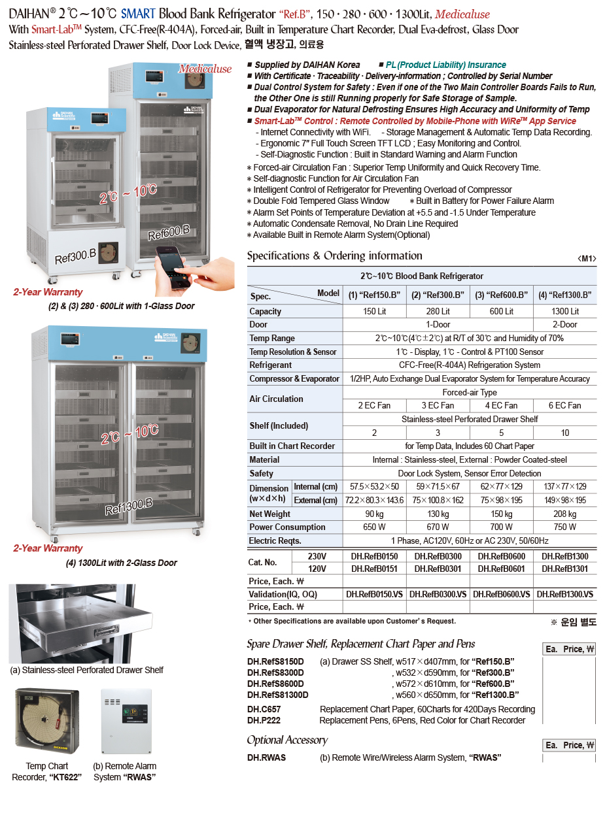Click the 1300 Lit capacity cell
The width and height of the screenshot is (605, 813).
(565, 311)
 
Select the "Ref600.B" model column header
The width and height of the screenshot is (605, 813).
(502, 295)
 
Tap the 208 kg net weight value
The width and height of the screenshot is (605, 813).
(565, 514)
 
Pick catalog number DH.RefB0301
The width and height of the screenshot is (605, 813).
(438, 569)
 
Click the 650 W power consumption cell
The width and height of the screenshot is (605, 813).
(374, 527)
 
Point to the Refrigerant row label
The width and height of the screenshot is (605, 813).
(271, 365)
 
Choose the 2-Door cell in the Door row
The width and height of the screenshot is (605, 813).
(565, 324)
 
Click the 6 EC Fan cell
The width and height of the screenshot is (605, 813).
(565, 405)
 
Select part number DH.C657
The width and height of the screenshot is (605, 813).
(264, 709)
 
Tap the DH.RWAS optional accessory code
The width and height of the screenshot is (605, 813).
(267, 757)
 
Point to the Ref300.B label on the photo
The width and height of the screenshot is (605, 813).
(75, 256)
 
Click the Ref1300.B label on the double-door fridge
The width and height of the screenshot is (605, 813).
(129, 506)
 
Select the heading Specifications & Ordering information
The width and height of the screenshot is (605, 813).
(334, 256)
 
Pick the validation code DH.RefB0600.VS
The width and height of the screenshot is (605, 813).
(502, 594)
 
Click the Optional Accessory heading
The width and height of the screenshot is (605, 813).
(287, 740)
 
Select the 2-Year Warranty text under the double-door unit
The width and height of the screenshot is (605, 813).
(48, 548)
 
